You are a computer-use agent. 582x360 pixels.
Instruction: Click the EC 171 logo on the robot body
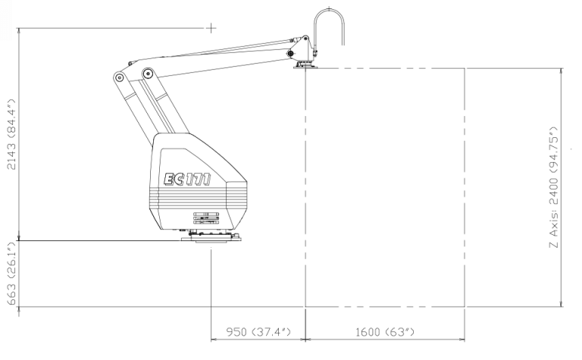coord(187,179)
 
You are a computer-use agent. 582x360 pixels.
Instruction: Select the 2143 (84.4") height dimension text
coord(11,134)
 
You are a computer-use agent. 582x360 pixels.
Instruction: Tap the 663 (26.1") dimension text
coord(11,273)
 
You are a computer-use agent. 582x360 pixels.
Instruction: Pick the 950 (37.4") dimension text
coord(258,331)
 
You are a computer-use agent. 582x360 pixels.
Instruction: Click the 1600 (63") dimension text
coord(384,331)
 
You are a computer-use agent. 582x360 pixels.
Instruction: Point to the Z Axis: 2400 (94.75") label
coord(553,186)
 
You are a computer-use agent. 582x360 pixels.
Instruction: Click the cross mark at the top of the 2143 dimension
coord(211,28)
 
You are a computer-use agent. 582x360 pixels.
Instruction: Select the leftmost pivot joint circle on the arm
coord(119,77)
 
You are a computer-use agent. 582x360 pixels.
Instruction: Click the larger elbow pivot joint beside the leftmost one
coord(148,73)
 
